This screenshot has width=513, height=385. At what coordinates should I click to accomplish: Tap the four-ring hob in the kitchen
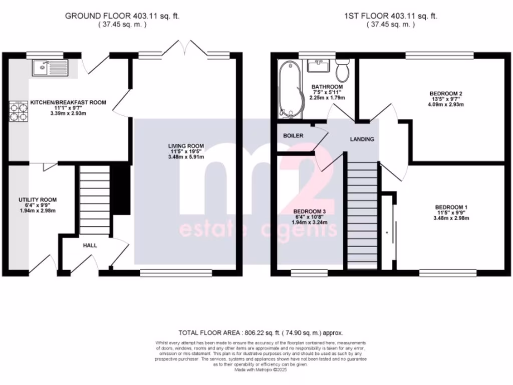18,112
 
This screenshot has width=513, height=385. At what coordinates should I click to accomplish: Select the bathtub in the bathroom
290,89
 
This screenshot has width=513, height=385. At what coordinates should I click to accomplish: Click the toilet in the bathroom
343,71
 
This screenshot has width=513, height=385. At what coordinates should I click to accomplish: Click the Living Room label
185,146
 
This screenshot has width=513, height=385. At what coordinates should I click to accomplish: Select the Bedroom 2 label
445,93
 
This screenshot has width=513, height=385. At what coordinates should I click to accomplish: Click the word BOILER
293,136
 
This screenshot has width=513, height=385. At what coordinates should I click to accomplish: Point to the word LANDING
362,139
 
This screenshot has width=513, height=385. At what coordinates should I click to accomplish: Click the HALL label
90,245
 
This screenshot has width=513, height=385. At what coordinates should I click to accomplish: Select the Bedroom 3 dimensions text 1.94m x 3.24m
310,222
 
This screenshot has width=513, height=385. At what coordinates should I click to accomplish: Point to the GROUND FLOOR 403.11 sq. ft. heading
122,16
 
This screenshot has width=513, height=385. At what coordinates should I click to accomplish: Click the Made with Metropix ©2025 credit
261,369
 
